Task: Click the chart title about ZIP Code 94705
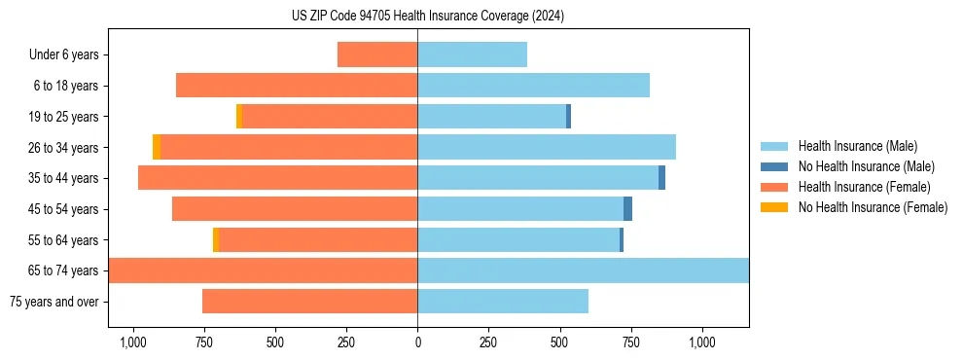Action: pos(427,16)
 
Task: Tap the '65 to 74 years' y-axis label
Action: pos(64,270)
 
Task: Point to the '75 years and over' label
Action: pos(54,302)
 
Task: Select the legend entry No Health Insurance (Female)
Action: pos(873,207)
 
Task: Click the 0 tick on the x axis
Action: pos(417,342)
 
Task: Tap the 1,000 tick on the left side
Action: pos(132,342)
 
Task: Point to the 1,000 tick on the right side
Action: pos(702,342)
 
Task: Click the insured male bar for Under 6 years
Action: pos(472,54)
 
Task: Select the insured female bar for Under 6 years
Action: pos(377,54)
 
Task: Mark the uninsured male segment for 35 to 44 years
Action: pos(661,178)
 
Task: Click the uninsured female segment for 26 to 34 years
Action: pos(157,147)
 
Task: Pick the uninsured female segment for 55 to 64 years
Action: pos(216,239)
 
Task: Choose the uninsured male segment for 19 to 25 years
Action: pos(568,117)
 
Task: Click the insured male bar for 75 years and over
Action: pos(503,302)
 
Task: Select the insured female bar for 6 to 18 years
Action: pos(297,86)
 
